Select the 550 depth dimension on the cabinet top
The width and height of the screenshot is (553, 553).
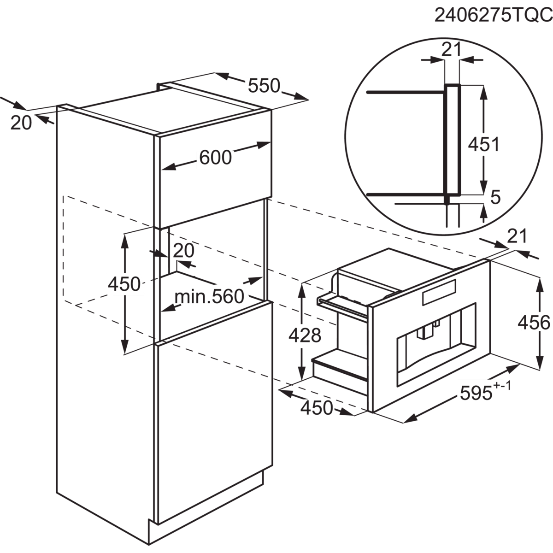(264, 86)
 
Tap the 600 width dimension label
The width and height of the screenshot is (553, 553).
(215, 158)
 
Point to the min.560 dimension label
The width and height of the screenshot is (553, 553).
(209, 297)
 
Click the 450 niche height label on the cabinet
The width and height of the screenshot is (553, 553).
(124, 284)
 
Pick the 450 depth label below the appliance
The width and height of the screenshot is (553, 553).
(316, 407)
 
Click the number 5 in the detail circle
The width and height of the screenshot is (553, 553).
(495, 197)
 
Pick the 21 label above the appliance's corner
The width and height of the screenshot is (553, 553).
(517, 236)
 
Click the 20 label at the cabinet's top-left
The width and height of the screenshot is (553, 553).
(21, 122)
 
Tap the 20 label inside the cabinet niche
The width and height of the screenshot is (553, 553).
(184, 250)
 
